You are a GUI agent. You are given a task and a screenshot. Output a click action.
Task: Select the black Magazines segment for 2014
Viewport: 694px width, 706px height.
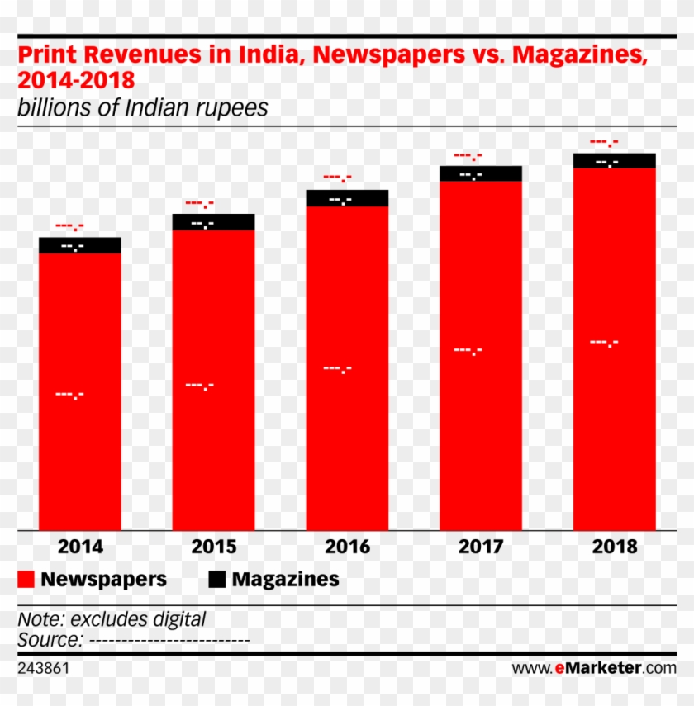pyautogui.click(x=80, y=245)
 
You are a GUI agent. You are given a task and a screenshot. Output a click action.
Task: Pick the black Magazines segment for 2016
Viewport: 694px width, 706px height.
pyautogui.click(x=347, y=198)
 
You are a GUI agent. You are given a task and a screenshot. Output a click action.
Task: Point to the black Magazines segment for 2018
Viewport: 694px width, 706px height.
pyautogui.click(x=614, y=160)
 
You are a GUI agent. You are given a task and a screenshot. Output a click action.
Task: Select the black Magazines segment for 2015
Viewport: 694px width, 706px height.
pyautogui.click(x=213, y=222)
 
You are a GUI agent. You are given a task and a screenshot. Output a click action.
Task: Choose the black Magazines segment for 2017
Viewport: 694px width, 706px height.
pyautogui.click(x=480, y=173)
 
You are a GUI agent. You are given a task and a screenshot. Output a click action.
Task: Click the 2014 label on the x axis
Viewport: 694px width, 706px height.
pyautogui.click(x=80, y=547)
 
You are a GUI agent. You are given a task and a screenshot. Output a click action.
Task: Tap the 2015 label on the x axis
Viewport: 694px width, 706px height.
pyautogui.click(x=213, y=547)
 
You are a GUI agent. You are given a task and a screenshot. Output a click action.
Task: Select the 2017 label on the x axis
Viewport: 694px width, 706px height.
pyautogui.click(x=480, y=547)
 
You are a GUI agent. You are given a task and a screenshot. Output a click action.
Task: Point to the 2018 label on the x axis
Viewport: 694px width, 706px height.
pyautogui.click(x=614, y=547)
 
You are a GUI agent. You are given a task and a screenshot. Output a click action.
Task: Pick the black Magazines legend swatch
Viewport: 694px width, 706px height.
pyautogui.click(x=216, y=580)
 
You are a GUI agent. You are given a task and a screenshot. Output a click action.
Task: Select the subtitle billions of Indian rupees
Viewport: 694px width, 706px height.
pyautogui.click(x=142, y=108)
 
